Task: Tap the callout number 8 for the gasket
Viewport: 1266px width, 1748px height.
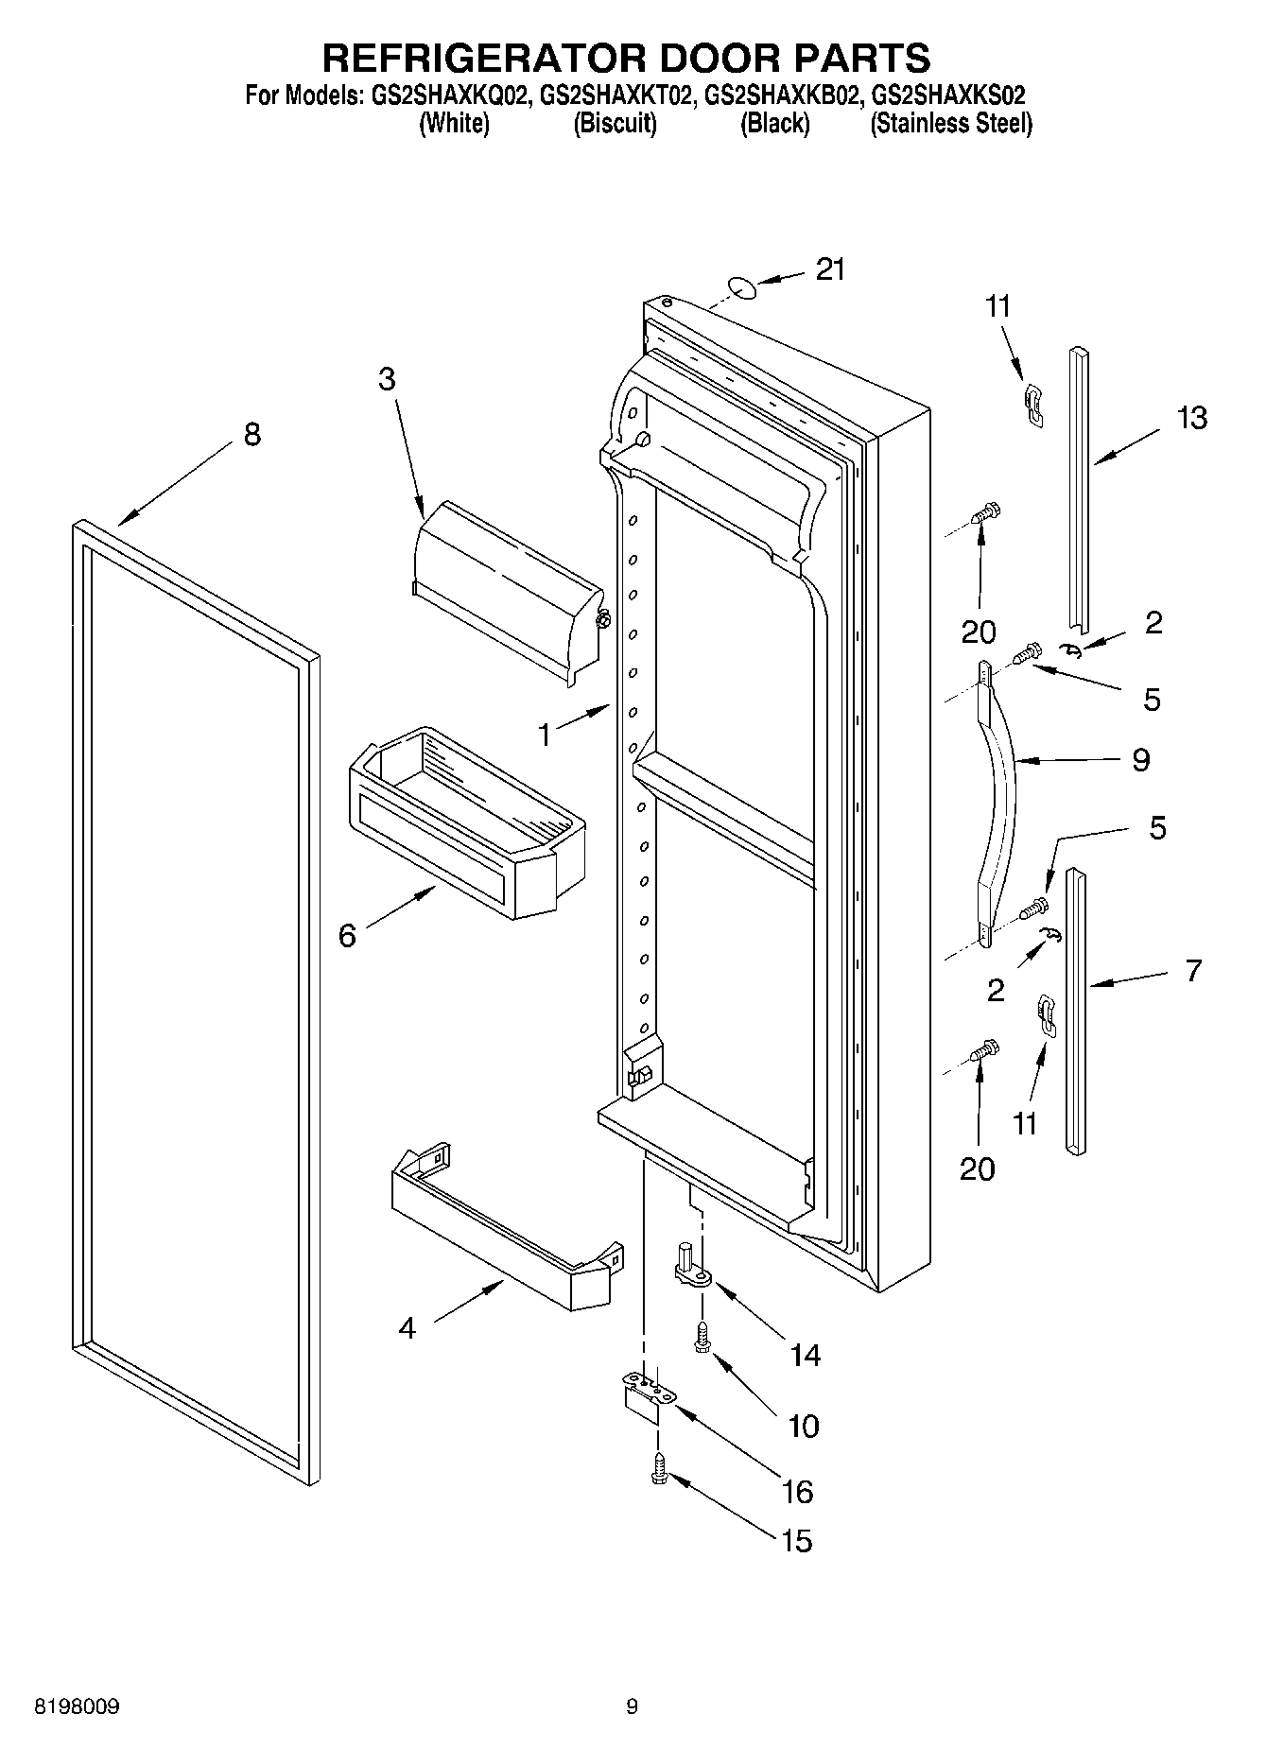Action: [x=251, y=435]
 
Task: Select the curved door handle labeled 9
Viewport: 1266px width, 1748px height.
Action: [x=998, y=804]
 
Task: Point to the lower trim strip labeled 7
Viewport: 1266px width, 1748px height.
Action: [x=1076, y=1012]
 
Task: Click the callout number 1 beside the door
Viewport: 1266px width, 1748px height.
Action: [x=545, y=734]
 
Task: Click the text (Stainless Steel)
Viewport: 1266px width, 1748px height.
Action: [x=951, y=124]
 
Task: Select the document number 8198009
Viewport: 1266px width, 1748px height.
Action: [x=77, y=1706]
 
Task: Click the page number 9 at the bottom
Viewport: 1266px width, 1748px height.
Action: [x=632, y=1706]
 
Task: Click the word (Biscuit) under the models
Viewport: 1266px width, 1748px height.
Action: [x=615, y=124]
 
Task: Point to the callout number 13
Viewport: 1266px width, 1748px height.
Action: [x=1192, y=417]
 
